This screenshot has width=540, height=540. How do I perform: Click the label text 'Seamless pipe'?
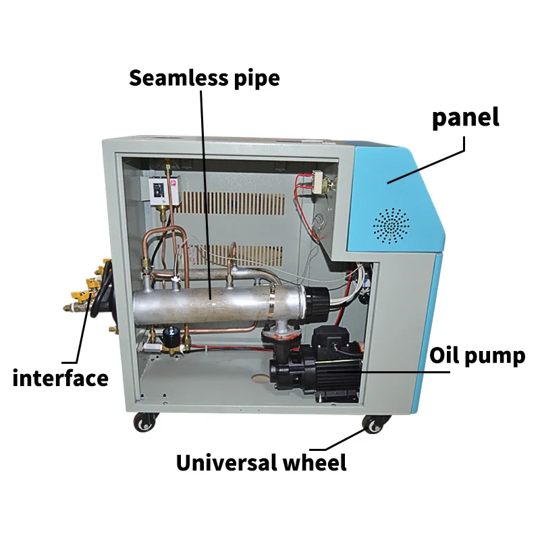(x=204, y=78)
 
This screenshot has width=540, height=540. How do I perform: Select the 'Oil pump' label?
(x=478, y=356)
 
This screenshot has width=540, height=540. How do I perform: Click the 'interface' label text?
(x=60, y=378)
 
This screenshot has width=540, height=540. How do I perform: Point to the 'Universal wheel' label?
(x=261, y=463)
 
